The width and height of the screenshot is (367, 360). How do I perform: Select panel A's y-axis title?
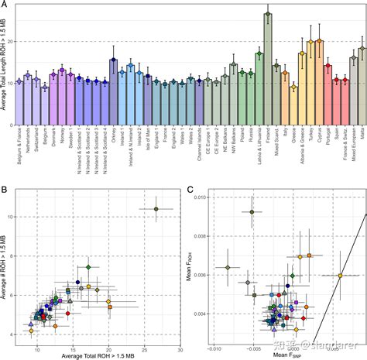5,62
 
